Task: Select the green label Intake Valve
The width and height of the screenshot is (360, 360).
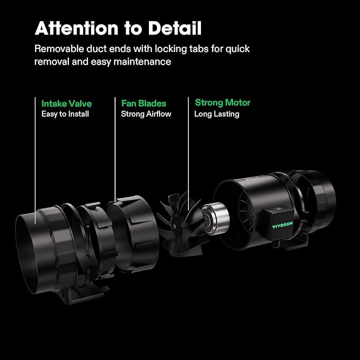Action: click(x=66, y=103)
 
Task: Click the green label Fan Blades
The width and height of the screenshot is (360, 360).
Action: click(x=144, y=103)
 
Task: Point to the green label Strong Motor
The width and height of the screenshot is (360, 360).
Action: click(x=223, y=102)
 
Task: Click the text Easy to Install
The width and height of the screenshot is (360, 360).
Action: click(x=65, y=114)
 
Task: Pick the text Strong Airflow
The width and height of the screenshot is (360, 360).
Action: click(x=146, y=114)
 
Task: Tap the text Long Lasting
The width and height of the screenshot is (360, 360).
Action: click(x=217, y=114)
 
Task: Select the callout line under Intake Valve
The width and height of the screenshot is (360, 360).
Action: click(x=36, y=159)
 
